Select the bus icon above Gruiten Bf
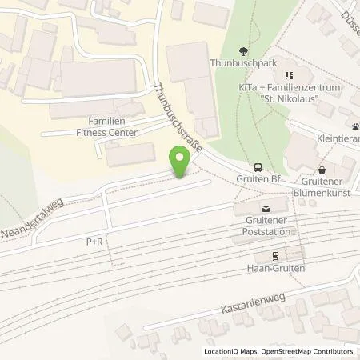click(x=257, y=168)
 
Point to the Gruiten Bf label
click(x=257, y=180)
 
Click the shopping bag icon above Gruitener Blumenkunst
click(x=322, y=170)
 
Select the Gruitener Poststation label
click(x=266, y=226)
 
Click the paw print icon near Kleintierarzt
click(x=354, y=127)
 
